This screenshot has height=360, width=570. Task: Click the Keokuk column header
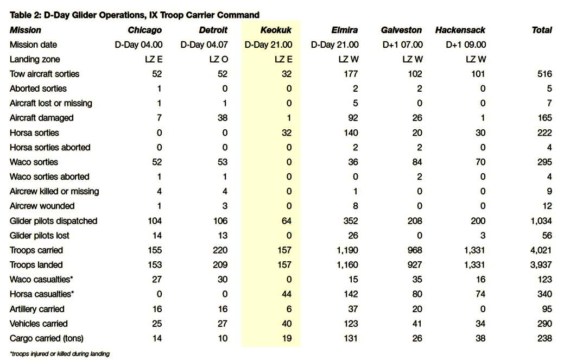pos(276,30)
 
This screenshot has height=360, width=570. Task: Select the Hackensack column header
pos(460,30)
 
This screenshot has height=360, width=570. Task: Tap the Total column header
pos(542,30)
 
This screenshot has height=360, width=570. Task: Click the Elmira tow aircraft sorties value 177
pos(351,74)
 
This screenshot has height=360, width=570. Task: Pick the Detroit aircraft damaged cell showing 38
pos(223,118)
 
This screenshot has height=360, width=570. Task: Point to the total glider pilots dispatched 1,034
pos(541,221)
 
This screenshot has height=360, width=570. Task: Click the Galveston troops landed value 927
pos(414,265)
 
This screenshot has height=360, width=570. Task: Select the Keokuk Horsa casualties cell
pos(287,294)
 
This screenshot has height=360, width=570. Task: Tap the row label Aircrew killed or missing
pos(54,191)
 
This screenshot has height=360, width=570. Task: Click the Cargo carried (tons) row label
pos(47,338)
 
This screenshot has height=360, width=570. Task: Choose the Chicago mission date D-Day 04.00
pos(138,45)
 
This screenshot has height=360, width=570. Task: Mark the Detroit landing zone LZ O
pos(218,59)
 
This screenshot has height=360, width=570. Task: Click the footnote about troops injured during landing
pos(60,354)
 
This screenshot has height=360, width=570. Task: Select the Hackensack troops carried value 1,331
pos(474,250)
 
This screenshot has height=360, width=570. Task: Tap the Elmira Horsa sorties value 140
pos(351,132)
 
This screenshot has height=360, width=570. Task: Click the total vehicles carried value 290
pos(544,324)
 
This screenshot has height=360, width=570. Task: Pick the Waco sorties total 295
pos(544,162)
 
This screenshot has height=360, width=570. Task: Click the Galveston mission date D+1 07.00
pos(402,45)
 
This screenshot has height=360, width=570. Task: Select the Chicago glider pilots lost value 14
pos(157,236)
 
